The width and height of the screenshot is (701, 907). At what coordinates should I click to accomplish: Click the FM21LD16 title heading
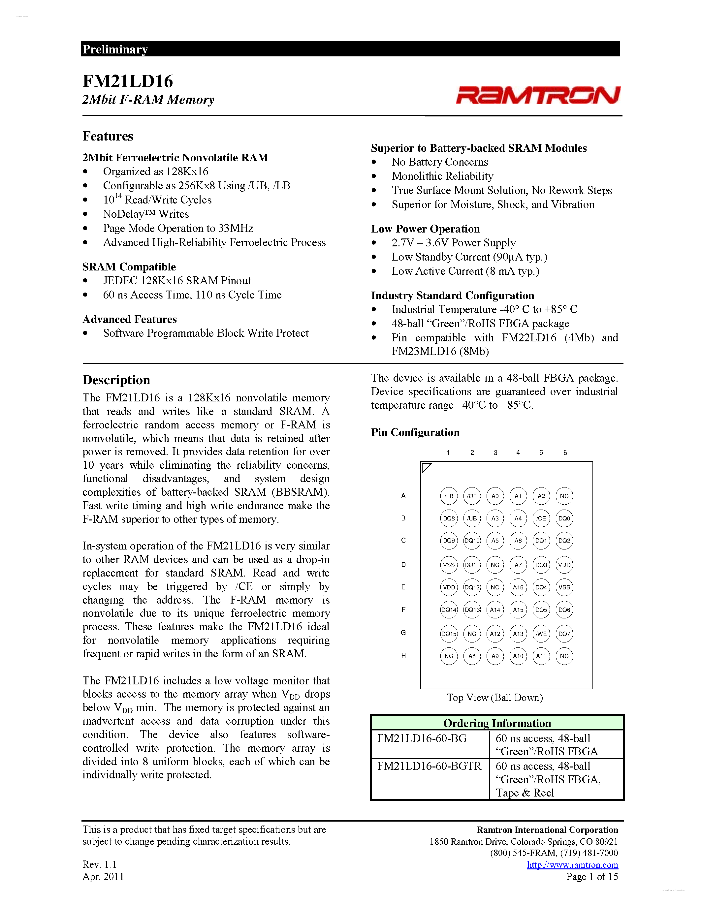[x=127, y=81]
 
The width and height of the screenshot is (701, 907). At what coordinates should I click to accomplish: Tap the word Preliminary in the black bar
[x=115, y=49]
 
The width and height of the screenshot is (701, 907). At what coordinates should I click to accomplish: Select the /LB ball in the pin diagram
[x=449, y=496]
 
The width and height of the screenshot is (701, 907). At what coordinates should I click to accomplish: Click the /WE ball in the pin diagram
[x=541, y=634]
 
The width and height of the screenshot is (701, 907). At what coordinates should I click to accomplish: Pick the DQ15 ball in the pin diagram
[x=449, y=634]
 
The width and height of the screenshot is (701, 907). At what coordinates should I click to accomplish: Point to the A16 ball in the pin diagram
[x=518, y=587]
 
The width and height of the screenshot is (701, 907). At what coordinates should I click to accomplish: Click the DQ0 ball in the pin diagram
[x=564, y=518]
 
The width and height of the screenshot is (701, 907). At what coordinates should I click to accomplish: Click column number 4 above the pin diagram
[x=518, y=453]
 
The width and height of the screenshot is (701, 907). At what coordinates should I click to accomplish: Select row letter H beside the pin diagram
[x=403, y=656]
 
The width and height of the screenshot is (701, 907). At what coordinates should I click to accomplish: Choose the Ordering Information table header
[x=497, y=723]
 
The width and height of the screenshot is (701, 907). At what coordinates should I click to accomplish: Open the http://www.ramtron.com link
[x=572, y=865]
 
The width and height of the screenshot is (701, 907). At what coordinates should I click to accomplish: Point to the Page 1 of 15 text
[x=592, y=876]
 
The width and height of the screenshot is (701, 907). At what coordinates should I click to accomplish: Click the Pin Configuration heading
[x=415, y=432]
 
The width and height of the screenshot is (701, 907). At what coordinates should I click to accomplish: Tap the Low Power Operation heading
[x=425, y=229]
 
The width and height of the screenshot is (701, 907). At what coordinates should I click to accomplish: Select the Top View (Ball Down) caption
[x=494, y=697]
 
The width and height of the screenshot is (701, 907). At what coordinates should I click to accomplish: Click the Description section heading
[x=116, y=380]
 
